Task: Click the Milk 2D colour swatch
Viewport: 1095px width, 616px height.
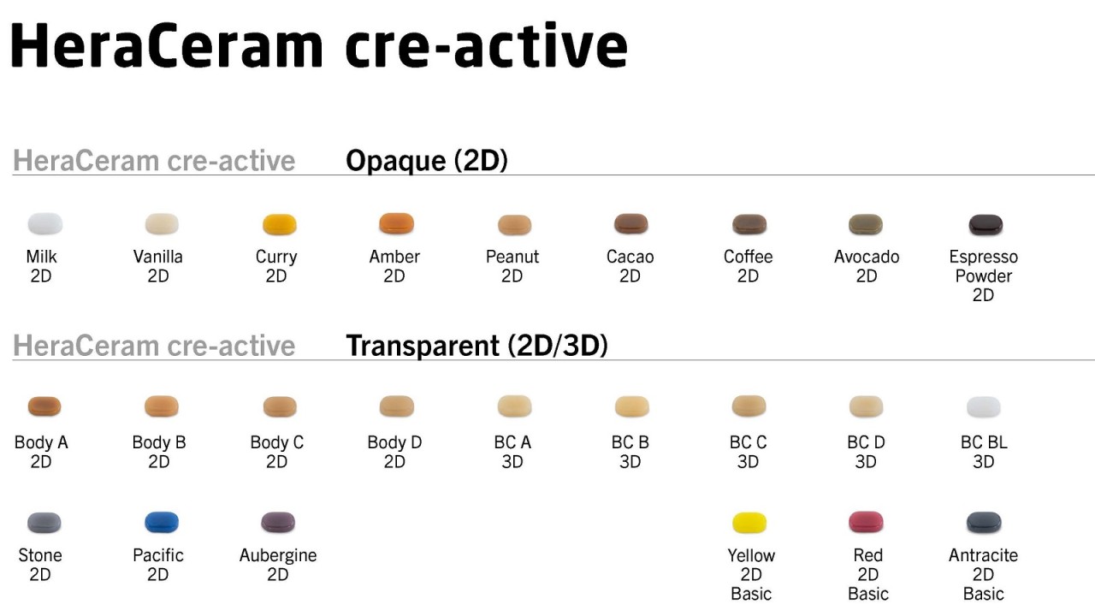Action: click(x=44, y=224)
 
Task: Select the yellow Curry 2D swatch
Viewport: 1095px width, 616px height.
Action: click(x=279, y=225)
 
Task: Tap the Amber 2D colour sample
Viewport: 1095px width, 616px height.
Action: click(x=396, y=224)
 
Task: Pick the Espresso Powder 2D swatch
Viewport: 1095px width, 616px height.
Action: click(x=985, y=225)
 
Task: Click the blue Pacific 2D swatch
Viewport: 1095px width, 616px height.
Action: click(x=162, y=523)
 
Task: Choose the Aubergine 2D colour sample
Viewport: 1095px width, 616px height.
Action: click(x=278, y=523)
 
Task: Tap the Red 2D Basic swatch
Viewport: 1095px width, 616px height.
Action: click(x=866, y=523)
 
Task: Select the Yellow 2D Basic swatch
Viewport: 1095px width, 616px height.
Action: click(x=749, y=523)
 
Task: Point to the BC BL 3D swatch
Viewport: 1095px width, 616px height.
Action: click(x=983, y=407)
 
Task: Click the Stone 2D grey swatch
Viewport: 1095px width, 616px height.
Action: click(x=44, y=523)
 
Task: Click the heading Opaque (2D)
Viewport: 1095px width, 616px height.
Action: click(x=426, y=161)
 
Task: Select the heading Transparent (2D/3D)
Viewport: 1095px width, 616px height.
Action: click(x=476, y=346)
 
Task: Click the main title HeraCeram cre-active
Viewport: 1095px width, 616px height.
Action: click(x=318, y=47)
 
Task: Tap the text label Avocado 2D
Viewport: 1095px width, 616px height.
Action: click(x=867, y=266)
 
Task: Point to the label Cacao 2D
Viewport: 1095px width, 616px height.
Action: click(x=630, y=266)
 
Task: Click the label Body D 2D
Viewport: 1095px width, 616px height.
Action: click(x=394, y=452)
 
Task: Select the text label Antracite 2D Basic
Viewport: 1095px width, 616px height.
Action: click(x=983, y=574)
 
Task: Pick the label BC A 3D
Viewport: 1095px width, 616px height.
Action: click(x=512, y=452)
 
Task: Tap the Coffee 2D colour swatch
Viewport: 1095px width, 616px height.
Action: click(x=749, y=225)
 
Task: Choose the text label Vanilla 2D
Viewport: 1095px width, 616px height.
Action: click(x=158, y=266)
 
